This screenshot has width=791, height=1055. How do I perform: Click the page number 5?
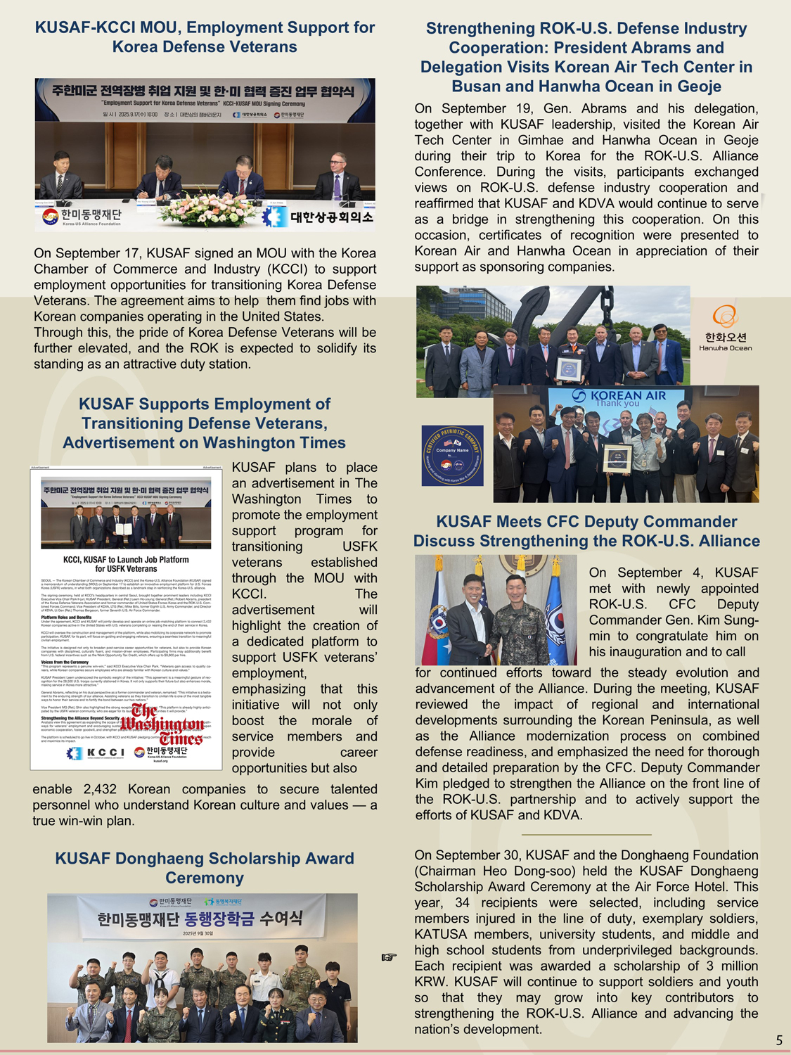(x=779, y=1040)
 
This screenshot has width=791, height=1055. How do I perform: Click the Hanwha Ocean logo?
(x=725, y=328)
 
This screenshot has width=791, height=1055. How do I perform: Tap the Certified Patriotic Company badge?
(x=452, y=456)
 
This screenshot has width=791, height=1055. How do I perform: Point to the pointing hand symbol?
(x=389, y=957)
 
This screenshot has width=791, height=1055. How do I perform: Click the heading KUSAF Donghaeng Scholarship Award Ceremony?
(x=205, y=868)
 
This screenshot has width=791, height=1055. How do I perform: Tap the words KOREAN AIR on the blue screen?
(x=628, y=395)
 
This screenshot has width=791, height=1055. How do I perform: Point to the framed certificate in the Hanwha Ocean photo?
(x=569, y=369)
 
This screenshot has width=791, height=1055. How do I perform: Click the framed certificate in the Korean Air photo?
(x=617, y=457)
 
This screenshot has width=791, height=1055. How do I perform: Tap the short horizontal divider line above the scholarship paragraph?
(x=586, y=835)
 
